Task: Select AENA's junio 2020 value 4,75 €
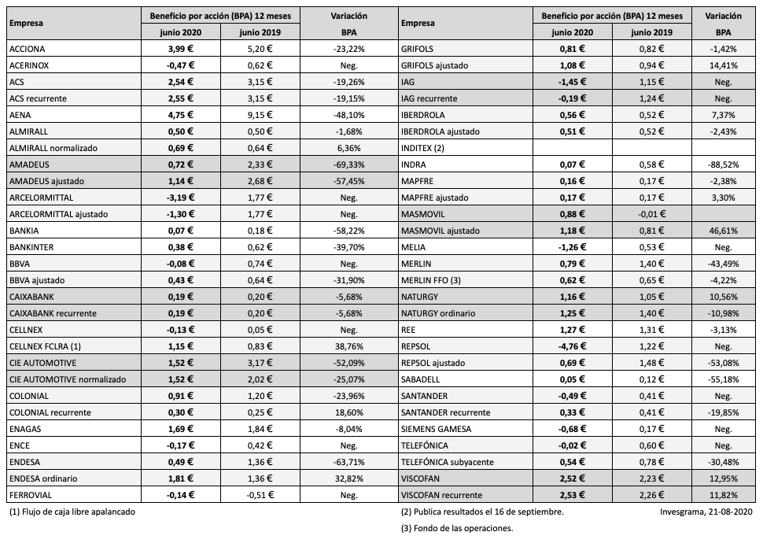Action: click(180, 115)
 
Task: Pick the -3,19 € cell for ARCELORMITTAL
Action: click(180, 198)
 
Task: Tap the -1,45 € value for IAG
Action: click(573, 82)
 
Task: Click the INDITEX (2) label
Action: click(423, 148)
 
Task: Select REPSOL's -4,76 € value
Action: click(573, 346)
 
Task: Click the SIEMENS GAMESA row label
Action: click(436, 429)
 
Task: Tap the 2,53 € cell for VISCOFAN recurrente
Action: click(573, 495)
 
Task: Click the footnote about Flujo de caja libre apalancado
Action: click(72, 512)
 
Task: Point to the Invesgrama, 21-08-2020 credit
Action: click(707, 512)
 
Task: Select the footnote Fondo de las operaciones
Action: click(456, 528)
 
